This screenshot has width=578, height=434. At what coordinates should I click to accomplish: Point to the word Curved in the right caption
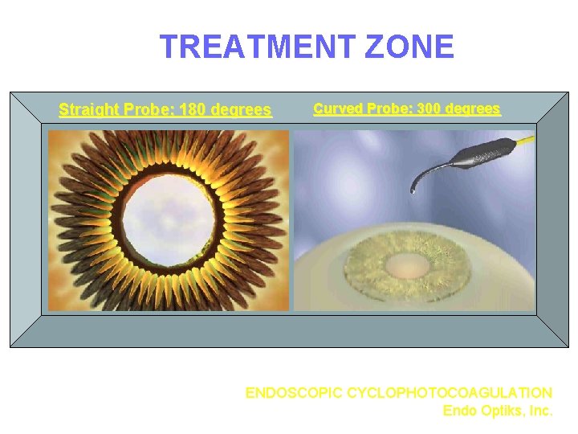336,108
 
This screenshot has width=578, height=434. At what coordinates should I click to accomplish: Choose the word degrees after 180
241,109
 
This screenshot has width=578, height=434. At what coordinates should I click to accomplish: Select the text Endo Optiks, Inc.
498,411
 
